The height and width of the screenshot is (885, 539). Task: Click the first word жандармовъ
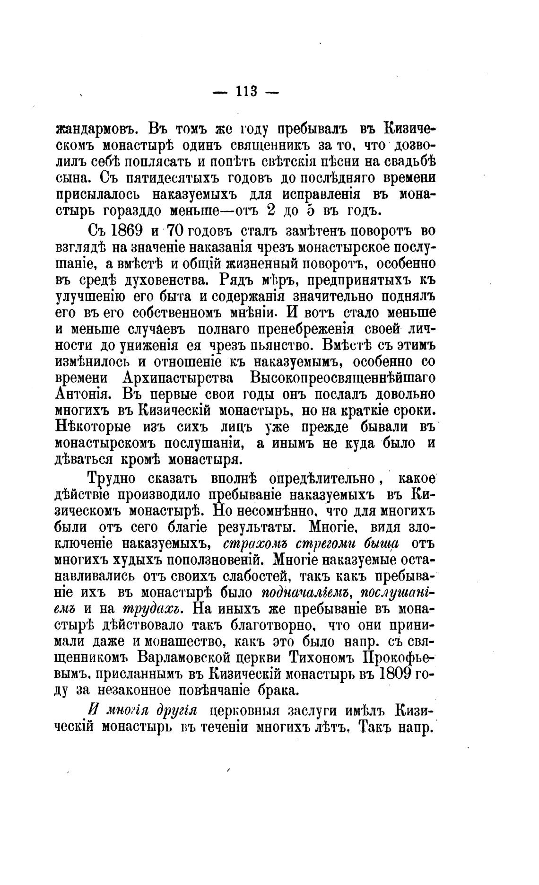click(x=96, y=129)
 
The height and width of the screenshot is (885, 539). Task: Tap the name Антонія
click(x=83, y=394)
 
